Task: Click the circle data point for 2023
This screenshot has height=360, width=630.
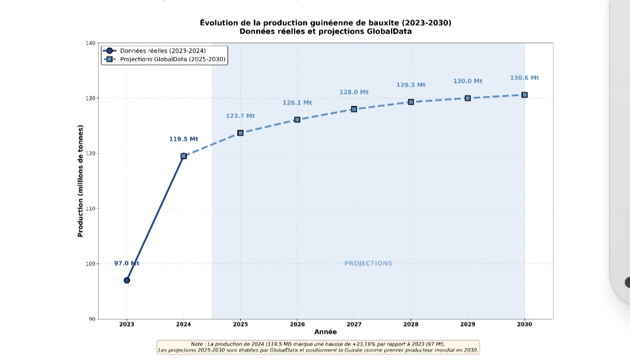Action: point(127,280)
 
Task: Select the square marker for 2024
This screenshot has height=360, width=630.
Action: point(184,156)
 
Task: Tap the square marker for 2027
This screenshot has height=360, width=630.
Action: point(354,109)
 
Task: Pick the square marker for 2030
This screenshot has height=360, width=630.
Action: point(524,95)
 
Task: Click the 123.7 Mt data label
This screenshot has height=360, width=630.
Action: point(240,116)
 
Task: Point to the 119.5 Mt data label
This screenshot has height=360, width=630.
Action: point(184,139)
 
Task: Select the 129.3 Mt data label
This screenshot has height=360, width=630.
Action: point(411,85)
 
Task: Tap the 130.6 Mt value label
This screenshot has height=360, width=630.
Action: point(524,78)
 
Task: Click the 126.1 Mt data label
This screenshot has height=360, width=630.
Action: point(297,103)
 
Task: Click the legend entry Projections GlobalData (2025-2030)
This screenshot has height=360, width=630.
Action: point(173,59)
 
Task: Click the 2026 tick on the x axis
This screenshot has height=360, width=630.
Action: point(297,324)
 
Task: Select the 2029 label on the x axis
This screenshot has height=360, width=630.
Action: point(467,324)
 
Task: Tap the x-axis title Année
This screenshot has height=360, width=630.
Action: point(325,331)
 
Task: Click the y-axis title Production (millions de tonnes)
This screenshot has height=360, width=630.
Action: point(80,181)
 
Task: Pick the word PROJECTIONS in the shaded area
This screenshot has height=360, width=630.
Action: point(368,263)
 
